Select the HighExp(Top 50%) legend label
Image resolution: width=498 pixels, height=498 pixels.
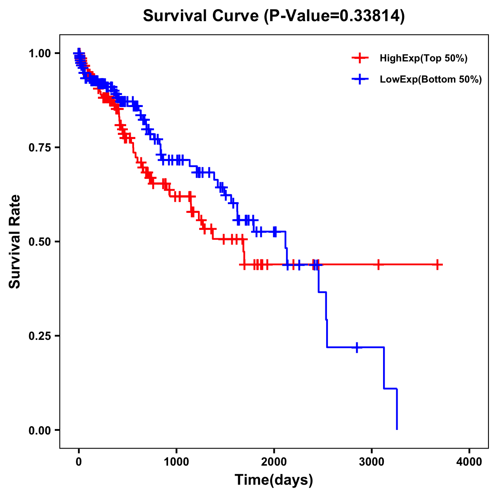(x=423, y=58)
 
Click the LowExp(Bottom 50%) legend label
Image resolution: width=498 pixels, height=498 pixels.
(x=431, y=79)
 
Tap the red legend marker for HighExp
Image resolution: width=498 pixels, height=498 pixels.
(x=360, y=58)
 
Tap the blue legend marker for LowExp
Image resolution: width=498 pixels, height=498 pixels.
(x=360, y=79)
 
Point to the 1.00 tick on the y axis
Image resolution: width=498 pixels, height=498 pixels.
(x=39, y=53)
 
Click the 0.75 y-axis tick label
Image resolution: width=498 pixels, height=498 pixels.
(x=39, y=147)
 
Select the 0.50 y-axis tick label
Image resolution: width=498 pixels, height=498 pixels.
(x=39, y=242)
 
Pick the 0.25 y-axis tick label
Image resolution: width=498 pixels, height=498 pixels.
(x=39, y=336)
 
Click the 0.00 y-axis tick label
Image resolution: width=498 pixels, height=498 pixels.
(x=39, y=430)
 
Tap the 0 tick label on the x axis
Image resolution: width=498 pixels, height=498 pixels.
(x=79, y=462)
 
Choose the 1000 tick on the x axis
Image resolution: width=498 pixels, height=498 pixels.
(x=176, y=462)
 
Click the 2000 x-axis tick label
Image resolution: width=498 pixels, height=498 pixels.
(x=274, y=462)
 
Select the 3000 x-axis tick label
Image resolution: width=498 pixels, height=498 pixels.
(x=372, y=462)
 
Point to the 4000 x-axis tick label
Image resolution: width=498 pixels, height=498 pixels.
(x=469, y=462)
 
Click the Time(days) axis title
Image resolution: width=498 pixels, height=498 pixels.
(x=274, y=480)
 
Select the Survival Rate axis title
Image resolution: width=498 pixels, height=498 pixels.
(x=15, y=242)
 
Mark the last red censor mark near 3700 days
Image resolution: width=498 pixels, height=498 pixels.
(x=437, y=264)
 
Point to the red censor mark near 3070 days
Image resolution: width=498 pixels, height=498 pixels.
(x=378, y=264)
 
